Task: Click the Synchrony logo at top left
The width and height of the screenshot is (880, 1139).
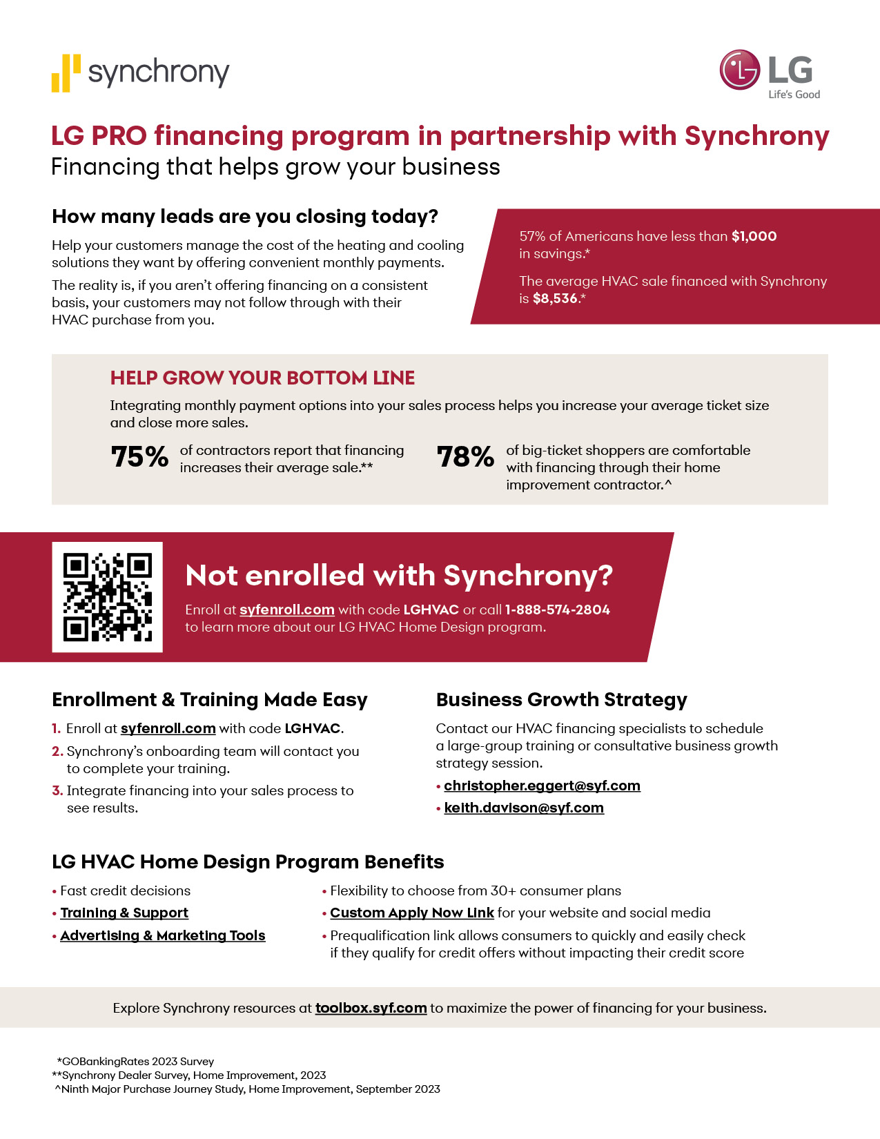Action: coord(141,72)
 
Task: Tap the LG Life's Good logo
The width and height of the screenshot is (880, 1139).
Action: coord(770,73)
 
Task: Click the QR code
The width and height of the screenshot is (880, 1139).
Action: coord(108,597)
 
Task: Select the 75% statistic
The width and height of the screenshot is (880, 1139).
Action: coord(140,457)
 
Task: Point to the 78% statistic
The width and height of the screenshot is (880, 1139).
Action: coord(466,457)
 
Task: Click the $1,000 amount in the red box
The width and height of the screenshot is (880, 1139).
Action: coord(754,237)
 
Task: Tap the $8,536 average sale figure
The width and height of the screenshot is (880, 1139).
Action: coord(555,299)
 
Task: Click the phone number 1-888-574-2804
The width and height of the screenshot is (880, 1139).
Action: coord(557,610)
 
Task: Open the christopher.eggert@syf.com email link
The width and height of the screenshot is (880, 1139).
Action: coord(542,786)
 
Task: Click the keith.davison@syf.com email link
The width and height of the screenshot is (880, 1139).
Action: coord(524,808)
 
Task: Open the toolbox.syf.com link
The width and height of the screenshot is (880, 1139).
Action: coord(371,1008)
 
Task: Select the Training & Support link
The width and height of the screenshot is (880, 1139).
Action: coord(124,913)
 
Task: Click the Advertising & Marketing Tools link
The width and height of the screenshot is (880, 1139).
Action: coord(163,935)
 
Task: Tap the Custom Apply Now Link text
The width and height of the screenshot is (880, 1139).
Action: coord(412,913)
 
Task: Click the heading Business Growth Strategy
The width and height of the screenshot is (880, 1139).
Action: coord(561,700)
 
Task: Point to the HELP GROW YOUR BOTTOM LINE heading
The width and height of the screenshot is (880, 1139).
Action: coord(262,378)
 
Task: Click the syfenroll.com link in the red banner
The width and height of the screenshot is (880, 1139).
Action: coord(286,610)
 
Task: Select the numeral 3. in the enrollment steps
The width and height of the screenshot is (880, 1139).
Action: coord(57,791)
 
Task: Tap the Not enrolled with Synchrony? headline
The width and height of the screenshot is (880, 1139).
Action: coord(399,576)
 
